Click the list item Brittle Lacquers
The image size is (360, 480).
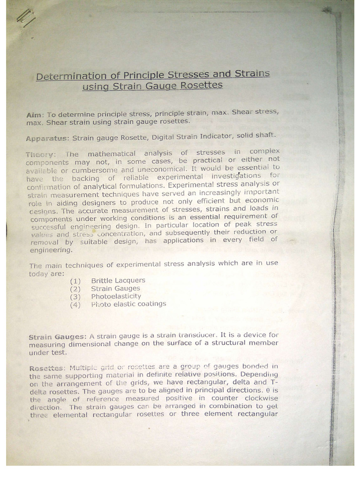(x=118, y=280)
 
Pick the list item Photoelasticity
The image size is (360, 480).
(x=116, y=296)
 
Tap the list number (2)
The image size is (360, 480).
(x=75, y=289)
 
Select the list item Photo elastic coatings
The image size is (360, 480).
(x=128, y=304)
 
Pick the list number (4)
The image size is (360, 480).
(x=75, y=305)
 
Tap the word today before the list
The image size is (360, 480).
(x=38, y=274)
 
